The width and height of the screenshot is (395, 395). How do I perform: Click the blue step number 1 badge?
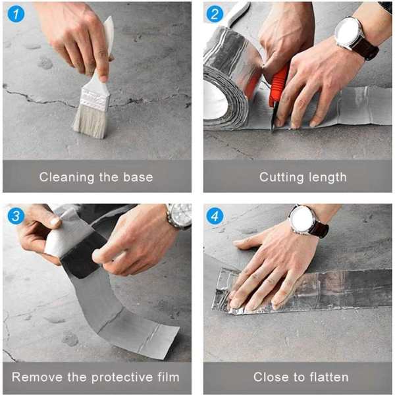[16, 14]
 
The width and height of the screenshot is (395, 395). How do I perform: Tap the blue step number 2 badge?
[215, 14]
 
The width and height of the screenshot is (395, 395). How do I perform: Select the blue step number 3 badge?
[16, 216]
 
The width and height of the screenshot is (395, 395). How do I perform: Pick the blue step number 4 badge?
[215, 216]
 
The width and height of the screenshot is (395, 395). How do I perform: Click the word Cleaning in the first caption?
[66, 177]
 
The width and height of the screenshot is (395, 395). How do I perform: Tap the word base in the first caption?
[138, 177]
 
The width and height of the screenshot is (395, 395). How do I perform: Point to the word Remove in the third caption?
[37, 377]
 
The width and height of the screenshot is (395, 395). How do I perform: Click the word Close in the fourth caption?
[271, 377]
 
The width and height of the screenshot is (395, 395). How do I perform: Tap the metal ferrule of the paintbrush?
[94, 99]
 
